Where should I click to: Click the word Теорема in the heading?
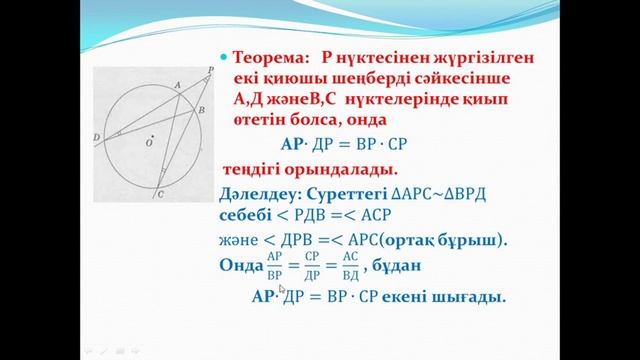[x=262, y=58]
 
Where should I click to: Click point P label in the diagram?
[x=209, y=70]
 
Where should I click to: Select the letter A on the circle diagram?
[x=177, y=87]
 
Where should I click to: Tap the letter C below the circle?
[x=162, y=198]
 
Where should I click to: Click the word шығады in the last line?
[x=472, y=297]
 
